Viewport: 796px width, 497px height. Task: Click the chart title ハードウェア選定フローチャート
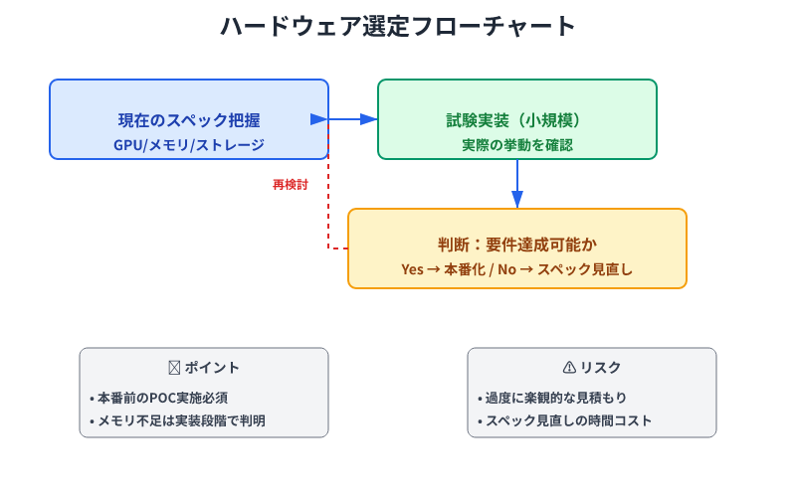[398, 27]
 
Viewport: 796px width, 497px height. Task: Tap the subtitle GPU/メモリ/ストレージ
[189, 145]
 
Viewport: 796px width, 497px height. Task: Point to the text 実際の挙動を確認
[517, 145]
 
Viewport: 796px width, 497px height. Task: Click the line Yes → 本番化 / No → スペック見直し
[517, 269]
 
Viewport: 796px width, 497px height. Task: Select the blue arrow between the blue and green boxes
[353, 119]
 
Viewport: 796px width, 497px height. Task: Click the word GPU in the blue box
[128, 145]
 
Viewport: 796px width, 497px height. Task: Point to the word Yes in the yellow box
[413, 269]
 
